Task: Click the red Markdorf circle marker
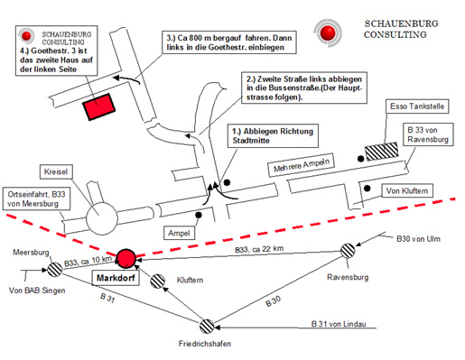point(126,258)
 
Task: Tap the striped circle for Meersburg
point(55,269)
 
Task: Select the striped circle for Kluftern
point(157,281)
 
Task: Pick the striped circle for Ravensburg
point(348,251)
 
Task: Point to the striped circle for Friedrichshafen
point(207,327)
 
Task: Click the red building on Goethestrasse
point(99,106)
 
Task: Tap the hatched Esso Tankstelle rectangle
point(382,152)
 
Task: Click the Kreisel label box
point(56,171)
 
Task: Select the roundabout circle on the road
point(102,219)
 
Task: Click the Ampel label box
point(179,233)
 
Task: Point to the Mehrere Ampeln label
point(302,165)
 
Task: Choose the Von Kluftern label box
point(407,190)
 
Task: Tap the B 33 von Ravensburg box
point(428,134)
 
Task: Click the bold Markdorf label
point(116,278)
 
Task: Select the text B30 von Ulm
point(418,239)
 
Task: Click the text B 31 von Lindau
point(339,324)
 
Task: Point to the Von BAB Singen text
point(37,291)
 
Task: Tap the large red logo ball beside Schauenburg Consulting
point(328,32)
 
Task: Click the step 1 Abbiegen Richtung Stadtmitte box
point(273,135)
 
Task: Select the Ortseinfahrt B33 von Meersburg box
point(36,198)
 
